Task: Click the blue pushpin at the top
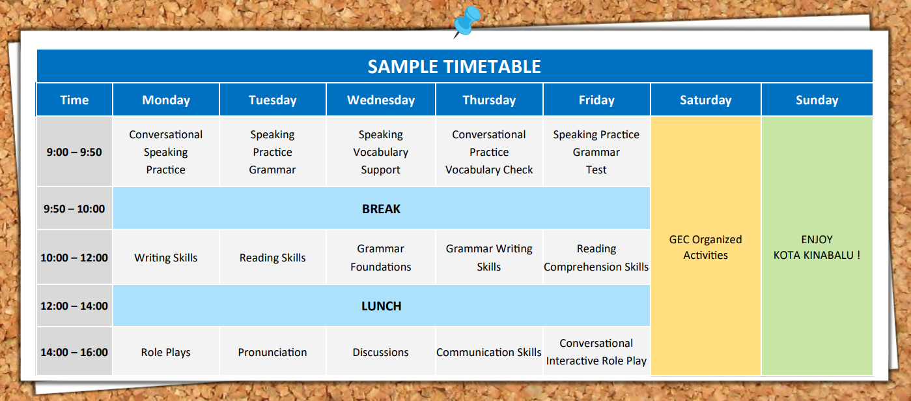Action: click(467, 21)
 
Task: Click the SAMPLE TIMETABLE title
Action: click(455, 67)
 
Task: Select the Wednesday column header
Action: click(381, 100)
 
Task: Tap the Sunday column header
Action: click(817, 100)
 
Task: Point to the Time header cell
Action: click(74, 100)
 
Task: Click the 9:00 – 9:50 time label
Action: click(74, 153)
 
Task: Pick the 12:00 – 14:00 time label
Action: click(74, 306)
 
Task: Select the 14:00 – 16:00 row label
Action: click(74, 352)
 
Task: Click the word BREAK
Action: click(381, 209)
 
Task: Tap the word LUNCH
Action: click(381, 306)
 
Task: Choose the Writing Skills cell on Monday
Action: click(166, 258)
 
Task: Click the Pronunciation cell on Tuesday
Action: click(272, 352)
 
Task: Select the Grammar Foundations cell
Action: click(381, 258)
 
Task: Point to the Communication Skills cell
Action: click(489, 352)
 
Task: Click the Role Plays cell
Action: click(166, 352)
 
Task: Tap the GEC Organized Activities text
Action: click(706, 247)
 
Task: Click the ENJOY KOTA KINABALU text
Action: click(817, 247)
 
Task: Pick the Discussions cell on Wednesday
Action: click(381, 352)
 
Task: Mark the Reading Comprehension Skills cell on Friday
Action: click(596, 258)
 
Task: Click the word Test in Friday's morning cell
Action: click(596, 170)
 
